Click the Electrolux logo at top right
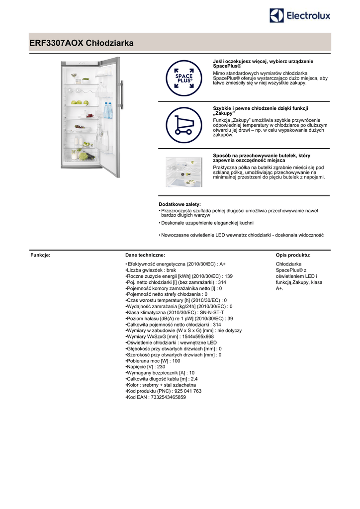point(300,16)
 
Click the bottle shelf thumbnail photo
point(184,172)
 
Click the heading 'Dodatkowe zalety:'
point(180,204)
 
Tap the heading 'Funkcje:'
point(41,255)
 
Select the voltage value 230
point(160,367)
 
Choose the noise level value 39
point(230,318)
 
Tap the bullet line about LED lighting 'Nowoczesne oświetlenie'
point(242,235)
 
